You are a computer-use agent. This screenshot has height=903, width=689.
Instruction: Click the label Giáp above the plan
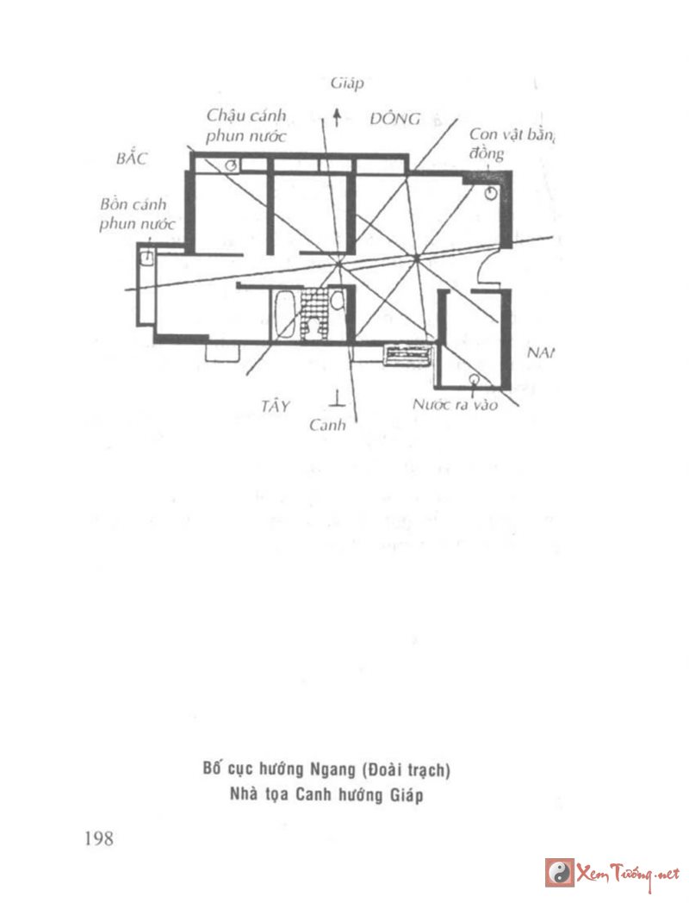click(x=347, y=84)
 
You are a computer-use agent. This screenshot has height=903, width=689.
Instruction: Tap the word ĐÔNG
click(x=395, y=119)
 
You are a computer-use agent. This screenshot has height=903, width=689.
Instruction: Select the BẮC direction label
click(x=132, y=159)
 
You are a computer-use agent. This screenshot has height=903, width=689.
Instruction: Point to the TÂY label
click(x=276, y=405)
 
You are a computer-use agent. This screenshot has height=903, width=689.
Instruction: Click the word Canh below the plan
click(x=327, y=425)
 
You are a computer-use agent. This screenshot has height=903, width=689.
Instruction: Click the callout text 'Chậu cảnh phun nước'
click(x=245, y=126)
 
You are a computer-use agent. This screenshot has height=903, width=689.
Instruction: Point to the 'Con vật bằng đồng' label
click(x=509, y=143)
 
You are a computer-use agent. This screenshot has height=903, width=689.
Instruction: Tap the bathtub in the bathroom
click(x=284, y=315)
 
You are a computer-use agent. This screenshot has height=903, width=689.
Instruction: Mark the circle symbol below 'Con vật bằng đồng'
click(x=490, y=194)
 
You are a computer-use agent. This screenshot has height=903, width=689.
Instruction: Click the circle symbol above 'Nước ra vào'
click(x=473, y=379)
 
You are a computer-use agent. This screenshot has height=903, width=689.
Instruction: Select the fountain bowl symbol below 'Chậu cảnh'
click(x=232, y=165)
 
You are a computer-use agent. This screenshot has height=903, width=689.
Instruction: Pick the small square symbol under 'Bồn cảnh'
click(x=147, y=256)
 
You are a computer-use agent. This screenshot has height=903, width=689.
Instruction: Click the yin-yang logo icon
click(x=560, y=872)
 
